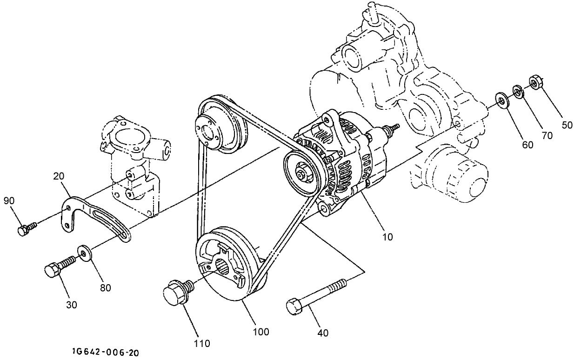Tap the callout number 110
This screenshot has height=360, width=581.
click(202, 344)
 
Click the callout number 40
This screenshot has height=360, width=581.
click(322, 333)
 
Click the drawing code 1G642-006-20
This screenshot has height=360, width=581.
click(105, 353)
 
